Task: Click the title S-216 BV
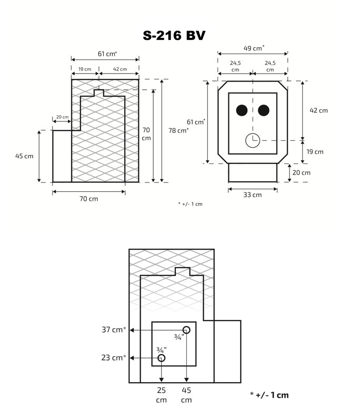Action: click(174, 35)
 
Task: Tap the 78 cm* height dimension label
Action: click(178, 130)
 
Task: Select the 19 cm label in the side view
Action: click(84, 69)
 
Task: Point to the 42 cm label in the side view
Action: click(119, 69)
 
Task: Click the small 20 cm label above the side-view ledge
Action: click(62, 117)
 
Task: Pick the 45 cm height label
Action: click(24, 156)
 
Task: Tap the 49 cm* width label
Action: click(254, 48)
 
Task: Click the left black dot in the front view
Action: click(242, 110)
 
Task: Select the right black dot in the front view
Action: click(264, 110)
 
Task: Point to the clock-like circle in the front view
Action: click(253, 140)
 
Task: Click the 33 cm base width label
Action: click(253, 195)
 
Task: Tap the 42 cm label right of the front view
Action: click(318, 110)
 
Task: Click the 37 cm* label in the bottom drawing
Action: click(114, 330)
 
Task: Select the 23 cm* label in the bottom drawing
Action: click(114, 357)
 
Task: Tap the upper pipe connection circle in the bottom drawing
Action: click(186, 330)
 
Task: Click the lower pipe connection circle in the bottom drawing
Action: click(162, 358)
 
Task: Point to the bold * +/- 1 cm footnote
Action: click(269, 395)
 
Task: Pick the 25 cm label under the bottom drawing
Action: click(161, 395)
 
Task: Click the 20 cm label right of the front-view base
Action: click(301, 172)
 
